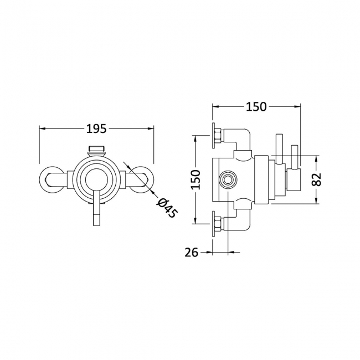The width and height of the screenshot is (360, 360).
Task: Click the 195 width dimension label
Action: (x=96, y=128)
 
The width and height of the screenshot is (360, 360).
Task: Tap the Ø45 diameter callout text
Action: (x=167, y=208)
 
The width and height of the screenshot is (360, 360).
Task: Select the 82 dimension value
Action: (x=317, y=179)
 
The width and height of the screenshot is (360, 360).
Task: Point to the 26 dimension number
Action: (x=191, y=253)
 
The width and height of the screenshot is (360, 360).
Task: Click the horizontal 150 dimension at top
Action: (x=256, y=106)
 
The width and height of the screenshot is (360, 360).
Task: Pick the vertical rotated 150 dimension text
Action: (x=196, y=179)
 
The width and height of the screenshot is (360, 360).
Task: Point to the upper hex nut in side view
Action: (x=218, y=136)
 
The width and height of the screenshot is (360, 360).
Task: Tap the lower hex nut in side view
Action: (x=218, y=223)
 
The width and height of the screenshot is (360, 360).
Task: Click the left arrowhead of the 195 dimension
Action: (x=43, y=128)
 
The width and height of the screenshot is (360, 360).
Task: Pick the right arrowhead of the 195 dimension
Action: (x=151, y=128)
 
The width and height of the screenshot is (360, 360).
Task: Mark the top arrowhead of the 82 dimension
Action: (x=317, y=158)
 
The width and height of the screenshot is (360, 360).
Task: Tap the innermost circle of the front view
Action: (x=96, y=180)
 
